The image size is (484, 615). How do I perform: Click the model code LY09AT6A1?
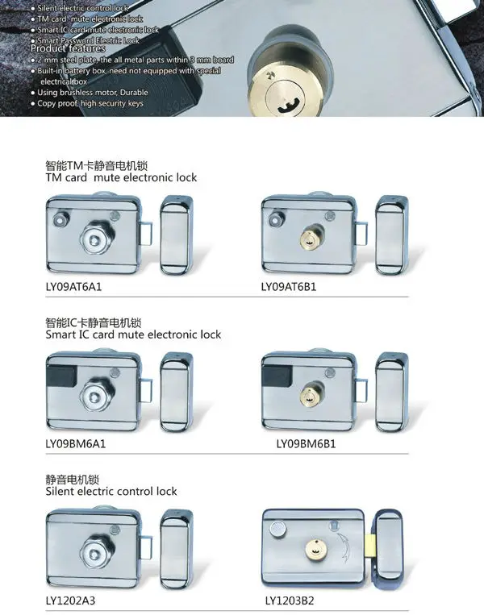coord(73,287)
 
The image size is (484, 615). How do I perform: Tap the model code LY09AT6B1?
coord(289,287)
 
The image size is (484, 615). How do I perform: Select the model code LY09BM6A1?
coord(75,444)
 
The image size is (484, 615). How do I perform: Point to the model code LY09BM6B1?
coord(306,444)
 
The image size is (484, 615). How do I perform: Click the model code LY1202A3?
coord(70,600)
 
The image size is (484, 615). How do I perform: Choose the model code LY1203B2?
coord(290,600)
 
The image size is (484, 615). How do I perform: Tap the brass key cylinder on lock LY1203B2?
coord(315,549)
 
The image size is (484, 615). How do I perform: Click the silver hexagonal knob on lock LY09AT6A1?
coord(94,239)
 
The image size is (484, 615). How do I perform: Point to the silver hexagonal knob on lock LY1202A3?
coord(94,554)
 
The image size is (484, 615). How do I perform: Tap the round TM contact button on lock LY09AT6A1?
coord(60,219)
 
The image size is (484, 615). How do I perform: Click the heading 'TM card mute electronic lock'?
coord(121,177)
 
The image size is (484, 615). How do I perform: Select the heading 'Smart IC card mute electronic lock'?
coord(133,335)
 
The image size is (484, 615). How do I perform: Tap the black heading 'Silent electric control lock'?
coord(111,492)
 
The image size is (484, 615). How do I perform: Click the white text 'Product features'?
coord(68,48)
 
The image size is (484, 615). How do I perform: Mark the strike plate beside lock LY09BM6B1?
coord(391,393)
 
